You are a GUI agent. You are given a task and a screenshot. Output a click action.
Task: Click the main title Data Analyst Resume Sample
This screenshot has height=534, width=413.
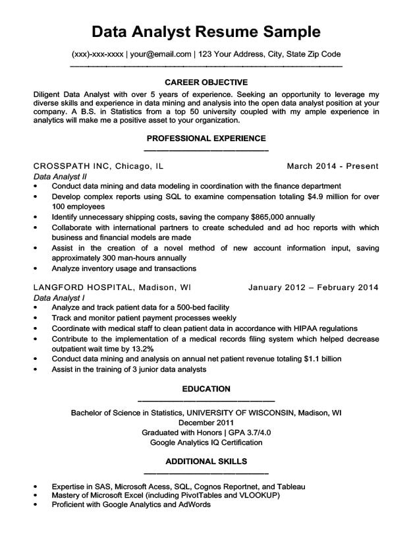206,31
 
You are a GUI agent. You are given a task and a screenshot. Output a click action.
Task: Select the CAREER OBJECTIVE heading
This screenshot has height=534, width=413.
206,82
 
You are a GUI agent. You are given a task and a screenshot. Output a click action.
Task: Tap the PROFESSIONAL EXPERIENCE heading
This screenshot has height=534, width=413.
206,138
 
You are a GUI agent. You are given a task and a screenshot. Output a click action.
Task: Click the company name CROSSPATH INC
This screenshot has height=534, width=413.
72,165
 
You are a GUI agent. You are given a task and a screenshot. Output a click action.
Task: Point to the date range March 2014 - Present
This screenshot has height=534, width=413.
333,165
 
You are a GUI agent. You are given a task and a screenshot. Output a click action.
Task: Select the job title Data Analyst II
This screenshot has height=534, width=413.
60,177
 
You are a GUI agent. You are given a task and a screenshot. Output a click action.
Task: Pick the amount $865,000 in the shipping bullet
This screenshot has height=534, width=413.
272,216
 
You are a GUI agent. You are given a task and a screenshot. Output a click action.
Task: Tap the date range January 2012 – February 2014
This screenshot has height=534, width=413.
314,287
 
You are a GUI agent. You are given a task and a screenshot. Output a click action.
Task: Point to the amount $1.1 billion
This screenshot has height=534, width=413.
323,359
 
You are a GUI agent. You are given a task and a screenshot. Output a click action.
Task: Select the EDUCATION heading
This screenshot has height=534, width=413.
206,389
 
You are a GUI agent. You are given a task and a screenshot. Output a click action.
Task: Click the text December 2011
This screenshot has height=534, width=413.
206,423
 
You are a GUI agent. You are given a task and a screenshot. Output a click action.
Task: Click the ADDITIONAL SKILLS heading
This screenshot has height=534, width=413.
206,461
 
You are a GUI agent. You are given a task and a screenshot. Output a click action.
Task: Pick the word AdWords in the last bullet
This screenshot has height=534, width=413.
192,504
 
